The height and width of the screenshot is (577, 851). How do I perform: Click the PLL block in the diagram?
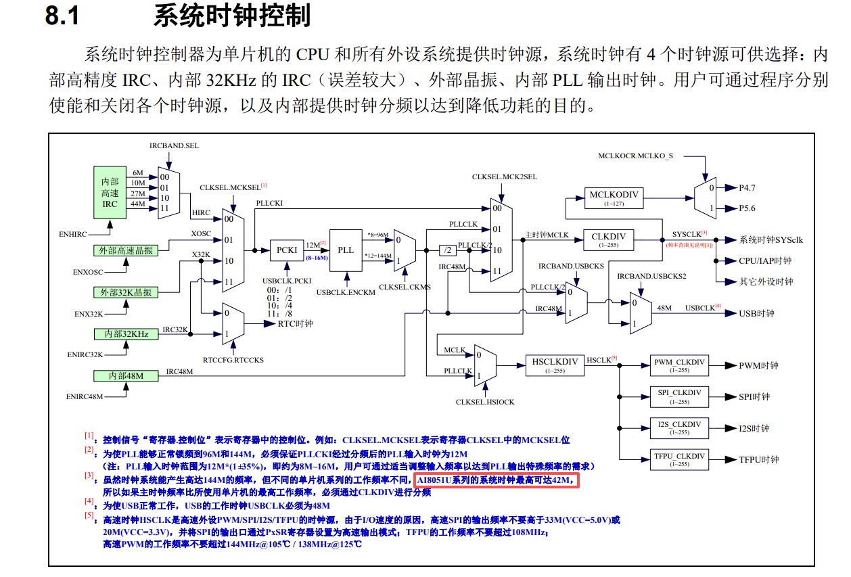pos(346,250)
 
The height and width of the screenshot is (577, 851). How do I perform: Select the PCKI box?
pos(287,250)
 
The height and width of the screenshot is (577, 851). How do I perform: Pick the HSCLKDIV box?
pos(555,365)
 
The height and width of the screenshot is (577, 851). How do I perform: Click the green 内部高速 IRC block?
pos(110,193)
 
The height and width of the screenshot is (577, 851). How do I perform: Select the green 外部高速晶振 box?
pos(126,250)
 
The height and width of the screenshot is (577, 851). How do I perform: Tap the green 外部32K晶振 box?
pos(126,292)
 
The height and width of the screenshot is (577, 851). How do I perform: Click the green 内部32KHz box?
pos(126,334)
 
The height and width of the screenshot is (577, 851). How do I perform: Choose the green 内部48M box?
pos(126,375)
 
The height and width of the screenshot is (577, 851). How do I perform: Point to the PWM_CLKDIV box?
pos(680,365)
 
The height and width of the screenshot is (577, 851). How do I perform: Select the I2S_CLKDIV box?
pos(680,428)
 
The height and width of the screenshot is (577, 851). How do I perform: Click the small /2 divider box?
pos(447,250)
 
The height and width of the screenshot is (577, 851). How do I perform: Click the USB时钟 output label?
pos(756,313)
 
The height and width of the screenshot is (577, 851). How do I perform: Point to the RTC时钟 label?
pos(295,323)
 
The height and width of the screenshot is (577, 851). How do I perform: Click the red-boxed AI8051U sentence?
pos(497,480)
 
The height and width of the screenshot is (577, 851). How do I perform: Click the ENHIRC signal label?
pos(73,234)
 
